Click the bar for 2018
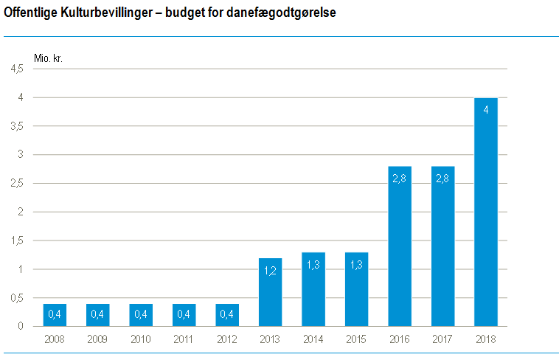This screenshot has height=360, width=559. click(x=486, y=212)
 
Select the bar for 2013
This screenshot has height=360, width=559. click(x=271, y=292)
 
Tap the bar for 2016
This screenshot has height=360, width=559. click(x=400, y=246)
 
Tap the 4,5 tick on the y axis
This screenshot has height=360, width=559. click(x=16, y=69)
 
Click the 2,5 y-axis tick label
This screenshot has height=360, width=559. click(x=16, y=184)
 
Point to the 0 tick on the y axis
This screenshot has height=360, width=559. click(x=21, y=326)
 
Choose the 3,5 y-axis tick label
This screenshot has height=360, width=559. click(x=16, y=126)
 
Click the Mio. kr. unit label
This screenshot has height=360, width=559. click(x=48, y=58)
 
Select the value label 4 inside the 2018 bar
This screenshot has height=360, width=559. click(x=486, y=109)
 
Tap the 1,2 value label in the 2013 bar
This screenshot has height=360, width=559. click(x=271, y=271)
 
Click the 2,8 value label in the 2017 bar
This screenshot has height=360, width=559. click(x=442, y=179)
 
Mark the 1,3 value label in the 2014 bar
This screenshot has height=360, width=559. click(x=313, y=265)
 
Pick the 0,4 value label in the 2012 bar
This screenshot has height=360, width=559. click(x=227, y=315)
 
